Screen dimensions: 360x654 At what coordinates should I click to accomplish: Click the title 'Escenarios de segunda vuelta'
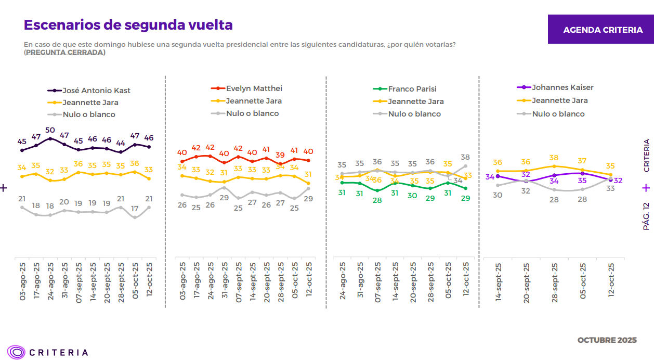[128, 25]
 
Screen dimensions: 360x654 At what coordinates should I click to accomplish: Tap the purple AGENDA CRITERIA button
[603, 30]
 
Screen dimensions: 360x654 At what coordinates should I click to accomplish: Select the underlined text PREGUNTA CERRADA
[65, 52]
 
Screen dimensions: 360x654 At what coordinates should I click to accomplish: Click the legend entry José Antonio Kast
[96, 91]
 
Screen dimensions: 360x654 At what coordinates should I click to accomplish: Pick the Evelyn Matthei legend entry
[254, 88]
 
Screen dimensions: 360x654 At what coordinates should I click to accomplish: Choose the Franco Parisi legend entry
[412, 89]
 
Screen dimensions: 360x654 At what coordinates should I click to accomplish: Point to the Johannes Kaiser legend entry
[562, 87]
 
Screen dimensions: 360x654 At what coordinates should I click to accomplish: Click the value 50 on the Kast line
[50, 130]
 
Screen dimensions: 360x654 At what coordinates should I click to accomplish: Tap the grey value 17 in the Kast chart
[135, 209]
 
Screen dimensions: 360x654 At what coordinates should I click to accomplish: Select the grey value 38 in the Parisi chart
[465, 157]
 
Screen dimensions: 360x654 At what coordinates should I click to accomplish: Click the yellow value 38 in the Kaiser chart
[554, 158]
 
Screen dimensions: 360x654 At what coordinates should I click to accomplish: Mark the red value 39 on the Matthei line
[280, 155]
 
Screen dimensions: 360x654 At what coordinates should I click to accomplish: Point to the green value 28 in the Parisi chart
[377, 200]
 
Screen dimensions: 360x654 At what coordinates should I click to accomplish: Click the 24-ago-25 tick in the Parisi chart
[342, 281]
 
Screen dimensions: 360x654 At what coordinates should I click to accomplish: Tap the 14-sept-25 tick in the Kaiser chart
[498, 281]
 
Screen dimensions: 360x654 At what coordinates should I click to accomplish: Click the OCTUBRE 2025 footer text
[607, 340]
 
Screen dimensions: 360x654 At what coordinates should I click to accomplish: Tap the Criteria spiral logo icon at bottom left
[16, 352]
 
